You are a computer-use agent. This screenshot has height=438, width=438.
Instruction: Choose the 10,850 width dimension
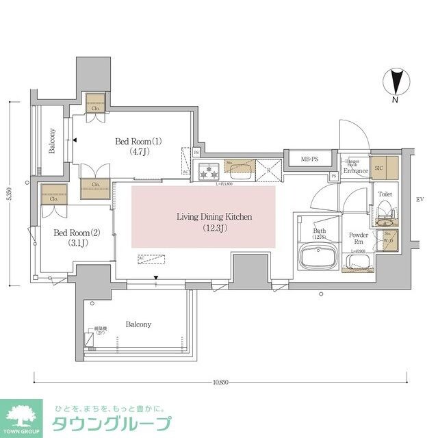(x=220, y=382)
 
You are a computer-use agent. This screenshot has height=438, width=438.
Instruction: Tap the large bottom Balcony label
(x=138, y=324)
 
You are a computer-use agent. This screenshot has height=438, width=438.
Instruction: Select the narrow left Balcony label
(x=52, y=141)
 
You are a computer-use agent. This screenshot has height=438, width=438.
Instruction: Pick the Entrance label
(x=356, y=170)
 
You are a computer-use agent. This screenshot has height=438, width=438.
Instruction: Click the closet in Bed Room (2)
(x=53, y=194)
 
